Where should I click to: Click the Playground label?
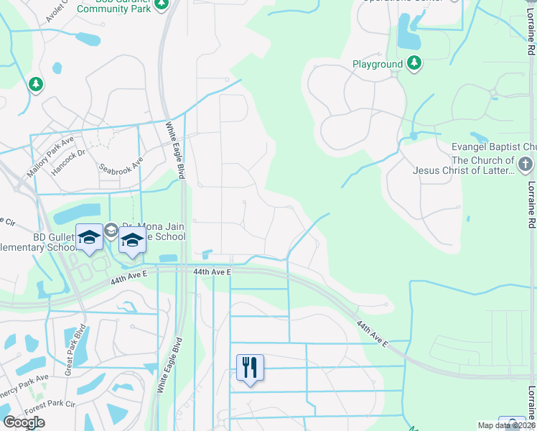pos(377,64)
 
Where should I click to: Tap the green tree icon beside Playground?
pos(414,64)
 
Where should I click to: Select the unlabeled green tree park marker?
pos(35,85)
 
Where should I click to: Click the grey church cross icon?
pos(526,165)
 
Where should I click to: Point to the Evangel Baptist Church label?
pos(494,147)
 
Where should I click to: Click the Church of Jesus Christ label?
pos(474,166)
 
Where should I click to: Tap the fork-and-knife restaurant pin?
pos(250,368)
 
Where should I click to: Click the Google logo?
pos(24,422)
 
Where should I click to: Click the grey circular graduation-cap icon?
pos(111,231)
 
